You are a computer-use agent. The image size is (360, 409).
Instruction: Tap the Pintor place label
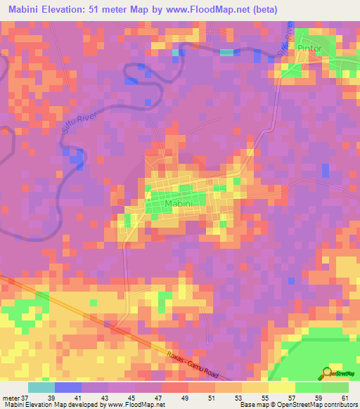pos(309,48)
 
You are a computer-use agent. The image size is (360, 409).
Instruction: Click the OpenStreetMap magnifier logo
pos(327,372)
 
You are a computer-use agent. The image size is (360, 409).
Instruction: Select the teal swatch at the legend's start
pos(41,387)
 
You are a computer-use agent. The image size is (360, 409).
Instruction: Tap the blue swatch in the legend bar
pos(68,387)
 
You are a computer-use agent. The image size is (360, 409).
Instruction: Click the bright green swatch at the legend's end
pos(335,387)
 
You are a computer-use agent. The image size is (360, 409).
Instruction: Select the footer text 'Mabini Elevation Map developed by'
pos(49,404)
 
